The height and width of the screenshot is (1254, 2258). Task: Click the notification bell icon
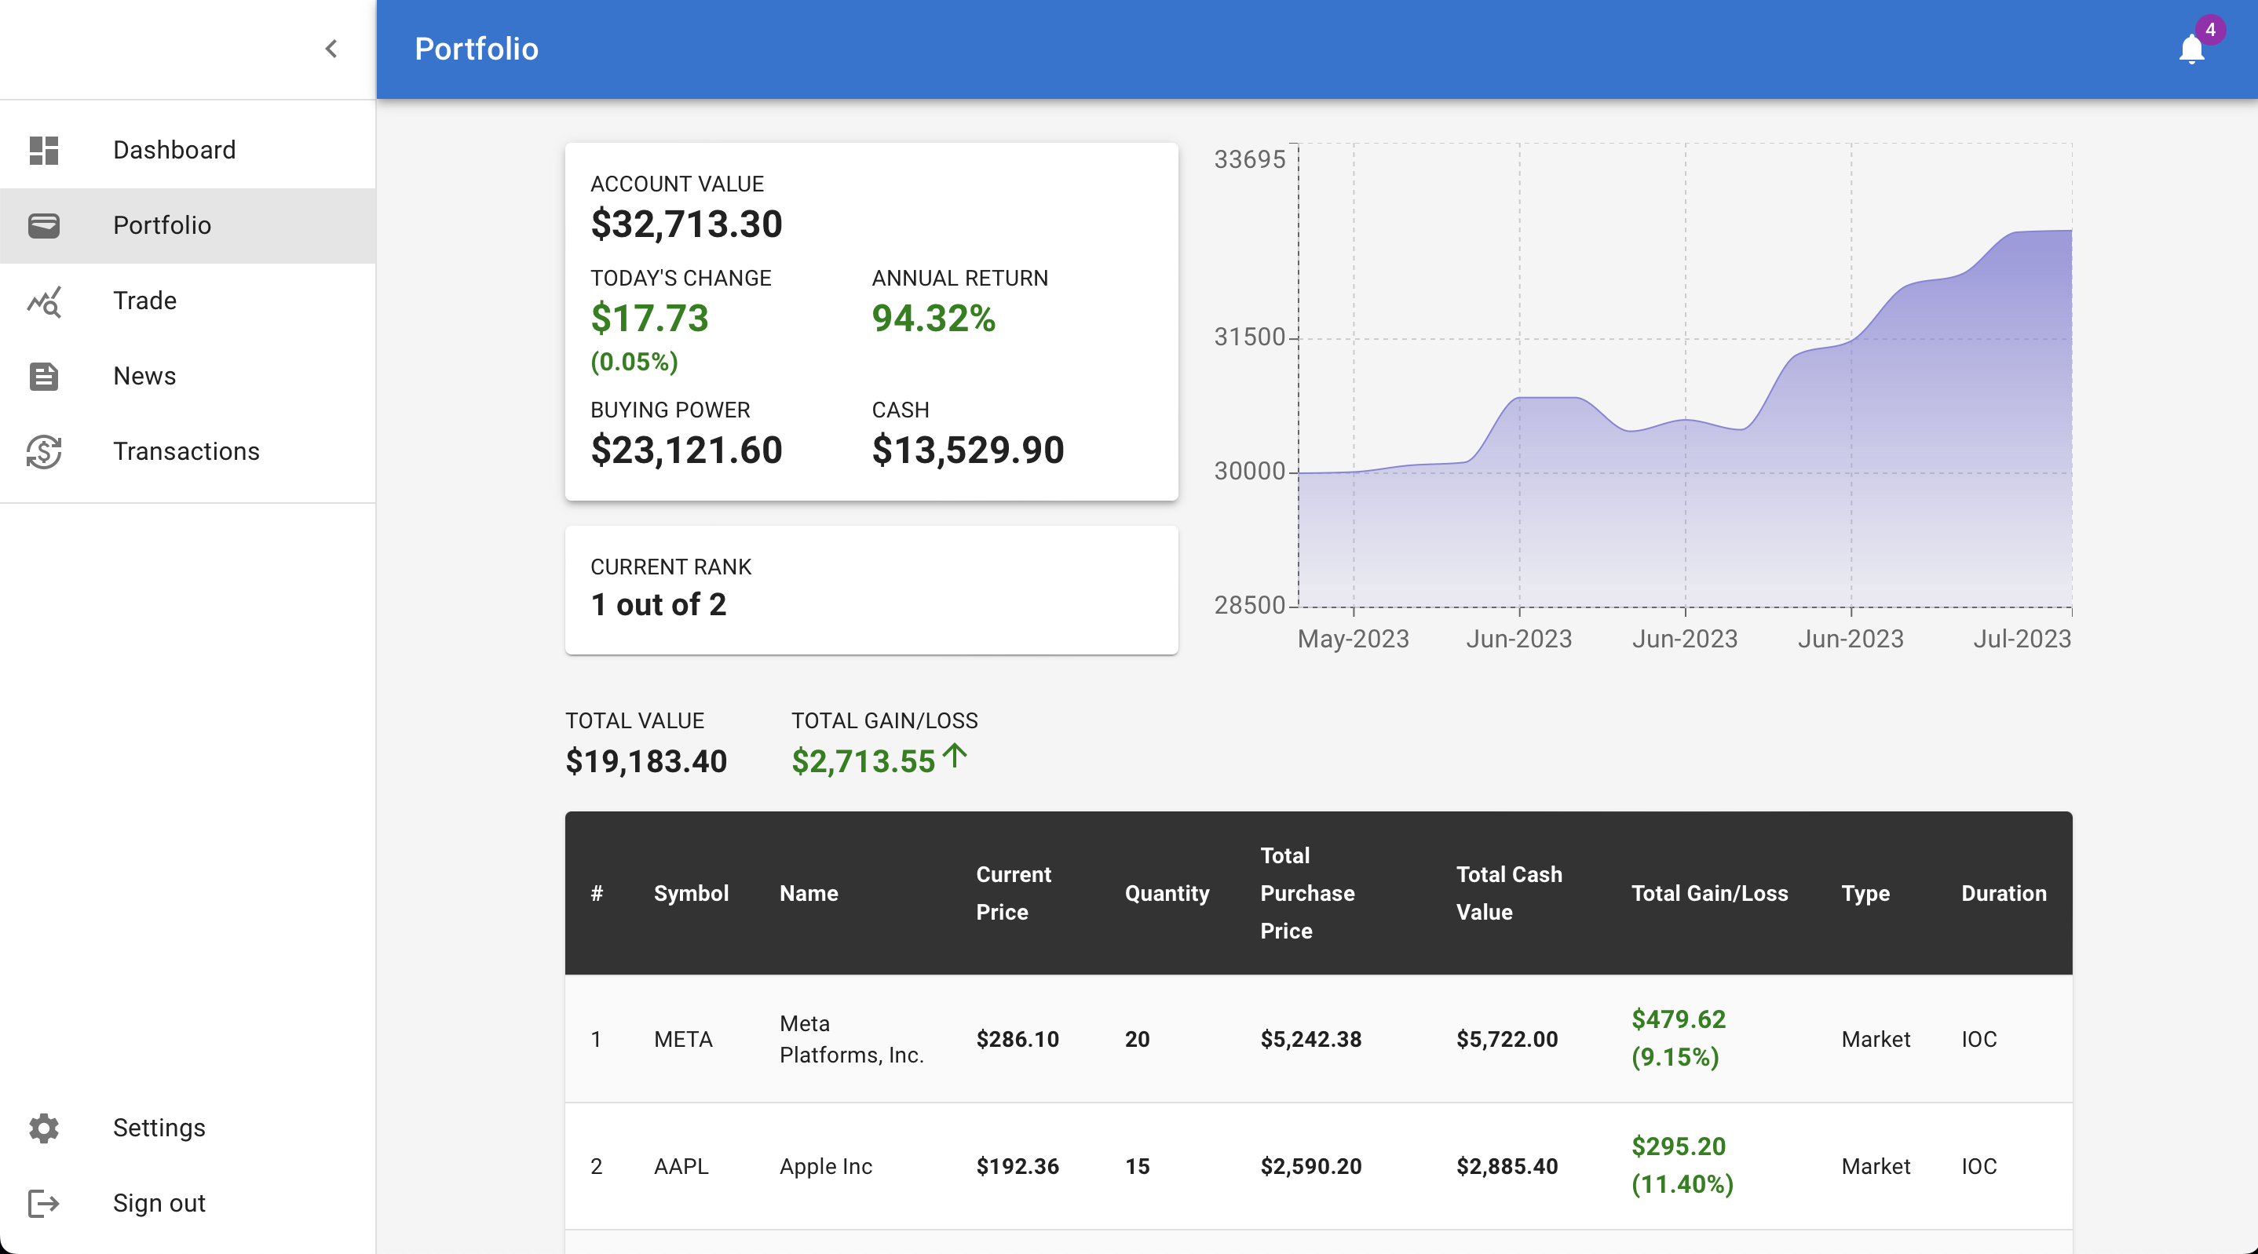point(2190,49)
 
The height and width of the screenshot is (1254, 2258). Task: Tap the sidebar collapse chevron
point(331,49)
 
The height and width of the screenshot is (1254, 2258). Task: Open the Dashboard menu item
point(174,150)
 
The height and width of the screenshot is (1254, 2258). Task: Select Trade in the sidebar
point(144,301)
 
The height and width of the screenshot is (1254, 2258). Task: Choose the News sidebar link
point(144,376)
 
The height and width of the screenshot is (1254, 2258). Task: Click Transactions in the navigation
point(186,451)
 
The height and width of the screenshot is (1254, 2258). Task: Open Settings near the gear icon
point(159,1128)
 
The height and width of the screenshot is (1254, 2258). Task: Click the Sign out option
point(159,1203)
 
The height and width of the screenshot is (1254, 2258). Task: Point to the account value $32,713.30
point(686,224)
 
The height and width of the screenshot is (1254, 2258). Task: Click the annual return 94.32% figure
point(934,318)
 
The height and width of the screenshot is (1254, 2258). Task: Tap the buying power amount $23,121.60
point(686,450)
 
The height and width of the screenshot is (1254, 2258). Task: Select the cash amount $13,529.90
point(968,450)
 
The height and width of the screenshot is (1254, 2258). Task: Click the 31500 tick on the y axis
point(1249,337)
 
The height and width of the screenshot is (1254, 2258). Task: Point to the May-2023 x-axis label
point(1354,639)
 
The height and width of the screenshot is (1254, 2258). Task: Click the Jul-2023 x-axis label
point(2022,639)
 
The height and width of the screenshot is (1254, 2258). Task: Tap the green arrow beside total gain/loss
point(955,756)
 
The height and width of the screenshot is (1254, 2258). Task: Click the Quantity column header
point(1167,894)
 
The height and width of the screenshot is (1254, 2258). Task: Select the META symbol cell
point(683,1039)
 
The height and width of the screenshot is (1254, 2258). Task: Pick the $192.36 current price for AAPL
point(1018,1166)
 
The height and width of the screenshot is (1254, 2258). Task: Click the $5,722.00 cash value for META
point(1507,1039)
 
